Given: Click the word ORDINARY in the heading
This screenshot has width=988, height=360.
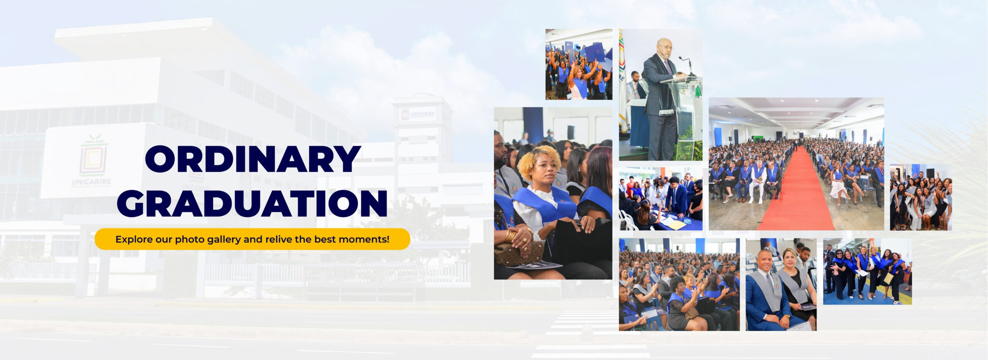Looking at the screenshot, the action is click(253, 159).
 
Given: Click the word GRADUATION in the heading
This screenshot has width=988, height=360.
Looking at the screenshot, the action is click(252, 203).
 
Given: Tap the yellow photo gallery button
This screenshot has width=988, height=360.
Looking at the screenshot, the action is click(252, 239).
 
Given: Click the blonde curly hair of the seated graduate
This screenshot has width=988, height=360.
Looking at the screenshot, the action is click(540, 162).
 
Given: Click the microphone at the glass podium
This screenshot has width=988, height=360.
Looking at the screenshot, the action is click(686, 66).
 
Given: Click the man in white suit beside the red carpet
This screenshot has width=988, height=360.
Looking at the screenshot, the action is click(758, 181).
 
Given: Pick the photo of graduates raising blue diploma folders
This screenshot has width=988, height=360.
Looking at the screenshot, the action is click(579, 64).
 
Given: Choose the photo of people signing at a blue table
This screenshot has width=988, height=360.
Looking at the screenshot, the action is click(660, 199).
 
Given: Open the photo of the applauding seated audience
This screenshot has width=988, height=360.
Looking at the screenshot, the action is click(679, 284).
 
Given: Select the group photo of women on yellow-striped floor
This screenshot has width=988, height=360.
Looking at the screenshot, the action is click(867, 272).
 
